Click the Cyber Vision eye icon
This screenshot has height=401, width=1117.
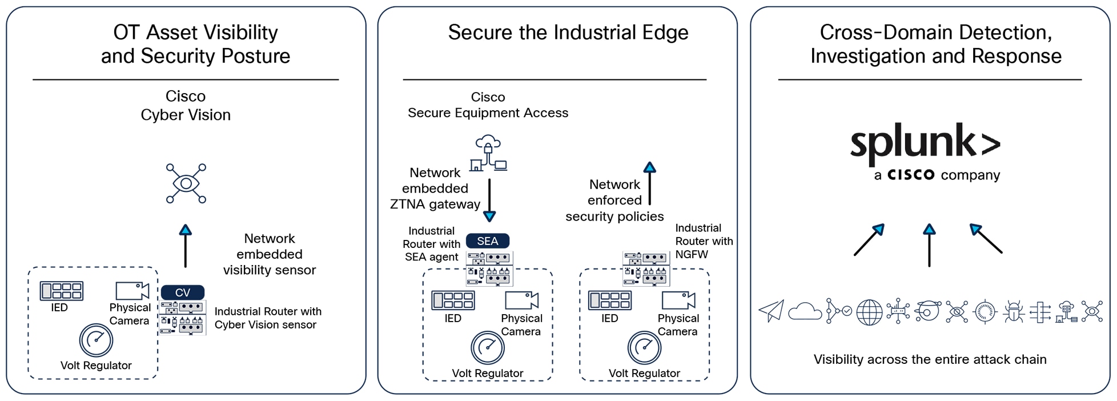(186, 183)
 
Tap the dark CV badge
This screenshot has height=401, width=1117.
(182, 292)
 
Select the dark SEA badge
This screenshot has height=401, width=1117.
(487, 241)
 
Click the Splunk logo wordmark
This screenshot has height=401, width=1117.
(925, 142)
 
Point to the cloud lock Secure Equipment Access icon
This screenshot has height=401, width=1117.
(488, 153)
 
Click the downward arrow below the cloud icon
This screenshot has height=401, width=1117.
(489, 200)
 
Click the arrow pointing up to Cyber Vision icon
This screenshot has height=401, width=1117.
(185, 246)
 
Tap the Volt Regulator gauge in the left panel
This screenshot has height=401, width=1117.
(96, 340)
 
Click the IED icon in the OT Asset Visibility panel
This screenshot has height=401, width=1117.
(61, 291)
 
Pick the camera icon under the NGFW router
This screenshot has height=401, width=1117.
(678, 300)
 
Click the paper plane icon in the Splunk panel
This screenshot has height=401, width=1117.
(771, 311)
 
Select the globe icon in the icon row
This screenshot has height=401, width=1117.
(869, 312)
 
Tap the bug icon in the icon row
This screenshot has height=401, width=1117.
(1014, 312)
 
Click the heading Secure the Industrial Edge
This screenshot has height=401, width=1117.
(568, 33)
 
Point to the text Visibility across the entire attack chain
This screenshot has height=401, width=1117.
(930, 359)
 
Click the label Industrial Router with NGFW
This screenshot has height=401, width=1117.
(704, 241)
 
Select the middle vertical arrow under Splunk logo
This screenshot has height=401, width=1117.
(929, 246)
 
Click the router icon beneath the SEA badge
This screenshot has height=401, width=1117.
(489, 268)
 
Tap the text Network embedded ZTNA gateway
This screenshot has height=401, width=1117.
(435, 189)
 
